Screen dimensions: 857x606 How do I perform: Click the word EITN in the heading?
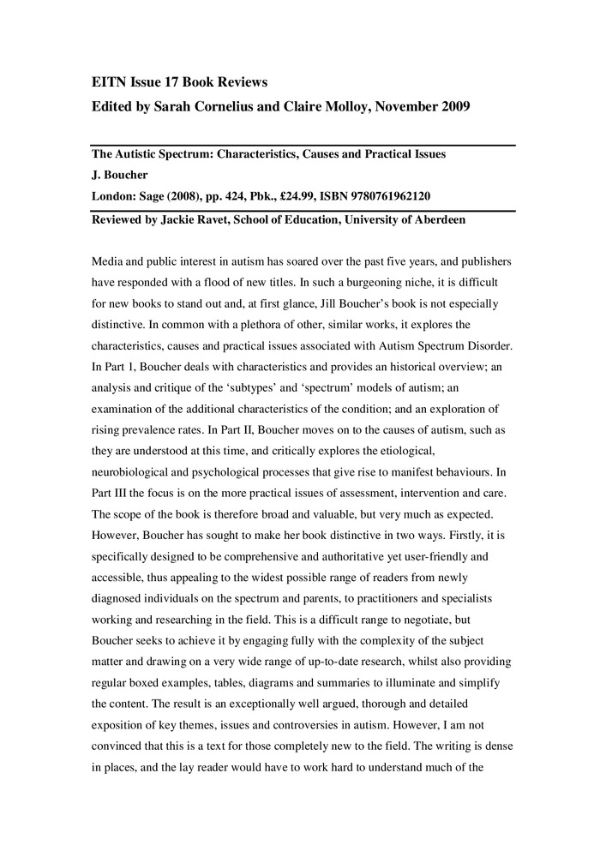(108, 82)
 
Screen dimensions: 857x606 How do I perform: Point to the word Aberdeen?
(435, 220)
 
